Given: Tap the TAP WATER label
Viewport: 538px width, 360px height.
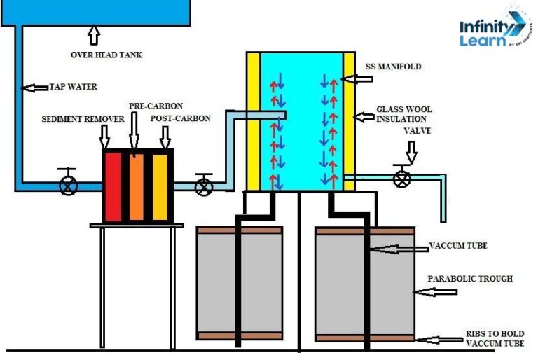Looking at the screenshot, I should click(x=73, y=88).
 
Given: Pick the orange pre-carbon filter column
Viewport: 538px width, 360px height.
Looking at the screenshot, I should click(x=136, y=184).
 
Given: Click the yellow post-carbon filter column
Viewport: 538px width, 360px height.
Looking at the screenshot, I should click(x=160, y=184).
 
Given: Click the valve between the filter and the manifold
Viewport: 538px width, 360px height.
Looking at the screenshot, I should click(x=204, y=186).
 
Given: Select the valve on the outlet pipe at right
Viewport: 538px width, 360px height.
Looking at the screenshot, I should click(x=401, y=178).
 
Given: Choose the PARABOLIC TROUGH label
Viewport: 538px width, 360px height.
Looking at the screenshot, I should click(x=470, y=279).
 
